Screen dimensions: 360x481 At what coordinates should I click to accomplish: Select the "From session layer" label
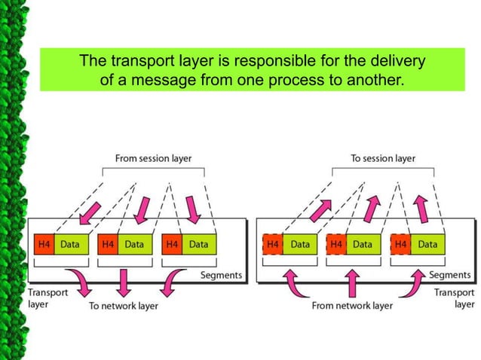coord(153,158)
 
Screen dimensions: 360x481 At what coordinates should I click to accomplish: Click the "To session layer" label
coord(383,158)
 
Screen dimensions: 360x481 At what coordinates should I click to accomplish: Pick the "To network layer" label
coord(124,306)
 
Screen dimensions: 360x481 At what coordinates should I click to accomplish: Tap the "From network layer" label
coord(352,306)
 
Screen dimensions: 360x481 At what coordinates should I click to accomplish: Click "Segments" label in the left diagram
coord(221,275)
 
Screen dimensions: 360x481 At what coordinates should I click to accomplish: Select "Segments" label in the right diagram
coord(450,275)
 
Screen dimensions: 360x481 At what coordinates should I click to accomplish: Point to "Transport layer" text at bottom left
coord(48,298)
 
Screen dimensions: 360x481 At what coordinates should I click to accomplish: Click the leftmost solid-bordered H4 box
coord(44,245)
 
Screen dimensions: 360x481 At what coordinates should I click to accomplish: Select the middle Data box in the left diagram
coord(134,245)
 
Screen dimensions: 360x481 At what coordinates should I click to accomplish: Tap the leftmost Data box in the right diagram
coord(300,245)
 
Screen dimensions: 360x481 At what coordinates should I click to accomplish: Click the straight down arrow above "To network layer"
coord(124,281)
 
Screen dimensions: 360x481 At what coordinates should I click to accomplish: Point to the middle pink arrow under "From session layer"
coord(139,207)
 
